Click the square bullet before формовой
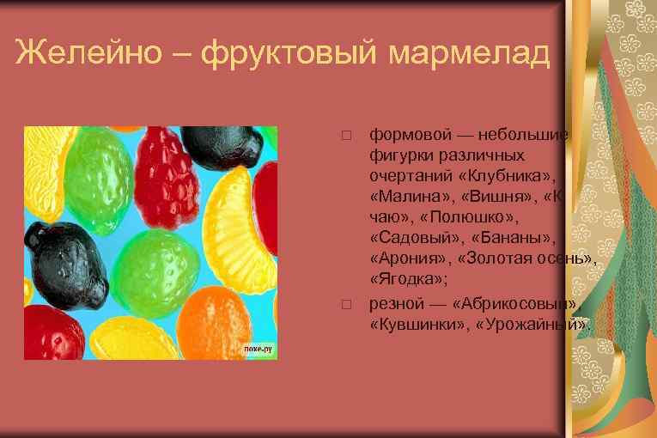point(345,137)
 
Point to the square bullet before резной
point(345,305)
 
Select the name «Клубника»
point(508,176)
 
